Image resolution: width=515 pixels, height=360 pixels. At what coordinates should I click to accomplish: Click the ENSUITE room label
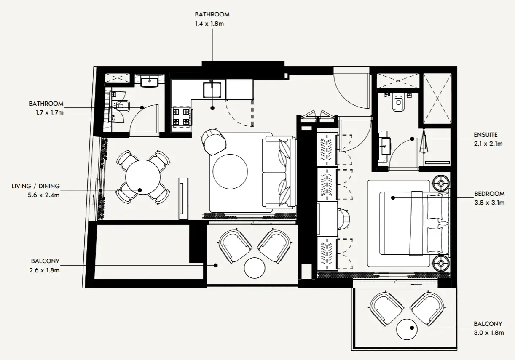point(485,135)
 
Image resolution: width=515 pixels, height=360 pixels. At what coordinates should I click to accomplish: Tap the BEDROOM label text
point(489,194)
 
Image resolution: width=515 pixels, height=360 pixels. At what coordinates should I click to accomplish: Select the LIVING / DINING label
point(36,186)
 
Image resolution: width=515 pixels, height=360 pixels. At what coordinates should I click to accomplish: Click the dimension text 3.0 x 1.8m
point(489,333)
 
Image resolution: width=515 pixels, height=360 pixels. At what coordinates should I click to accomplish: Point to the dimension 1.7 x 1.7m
point(49,112)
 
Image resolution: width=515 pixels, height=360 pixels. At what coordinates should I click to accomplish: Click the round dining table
point(143,177)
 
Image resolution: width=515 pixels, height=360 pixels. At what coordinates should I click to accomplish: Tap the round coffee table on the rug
point(230,171)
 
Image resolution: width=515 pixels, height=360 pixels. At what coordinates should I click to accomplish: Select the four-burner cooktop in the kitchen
point(181,117)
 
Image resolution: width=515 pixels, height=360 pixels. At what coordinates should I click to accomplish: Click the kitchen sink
point(212,90)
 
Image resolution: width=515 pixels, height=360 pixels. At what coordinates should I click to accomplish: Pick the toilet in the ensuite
point(398,103)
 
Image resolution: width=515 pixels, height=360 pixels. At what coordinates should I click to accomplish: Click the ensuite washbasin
point(384,146)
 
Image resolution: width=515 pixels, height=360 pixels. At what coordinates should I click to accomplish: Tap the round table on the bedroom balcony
point(407,329)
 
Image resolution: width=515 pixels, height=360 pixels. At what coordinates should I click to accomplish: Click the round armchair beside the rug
point(214,142)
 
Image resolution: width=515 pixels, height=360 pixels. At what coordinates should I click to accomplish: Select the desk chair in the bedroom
point(344,219)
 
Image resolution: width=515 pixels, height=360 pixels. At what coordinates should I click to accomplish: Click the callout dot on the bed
point(393,197)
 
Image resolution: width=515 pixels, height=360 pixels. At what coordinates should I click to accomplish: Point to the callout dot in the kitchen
point(212,108)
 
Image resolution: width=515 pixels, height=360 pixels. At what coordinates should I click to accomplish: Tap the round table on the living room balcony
point(255,268)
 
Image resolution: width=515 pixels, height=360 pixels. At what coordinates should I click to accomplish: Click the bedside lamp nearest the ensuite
point(441,183)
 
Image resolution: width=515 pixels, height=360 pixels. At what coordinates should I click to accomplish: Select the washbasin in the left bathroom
point(150,82)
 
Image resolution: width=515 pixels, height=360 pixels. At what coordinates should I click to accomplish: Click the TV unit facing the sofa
point(183,198)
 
